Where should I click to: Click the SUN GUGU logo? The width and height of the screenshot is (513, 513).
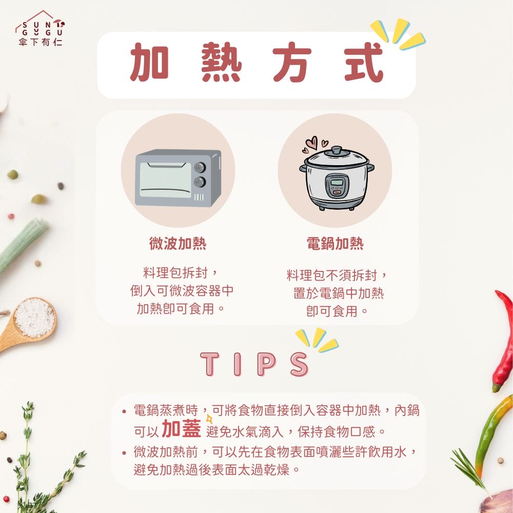(x=40, y=30)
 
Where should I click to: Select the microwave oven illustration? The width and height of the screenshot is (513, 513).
(x=178, y=178)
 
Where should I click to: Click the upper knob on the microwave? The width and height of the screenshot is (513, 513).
(x=200, y=167)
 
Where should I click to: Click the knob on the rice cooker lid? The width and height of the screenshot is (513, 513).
(x=337, y=150)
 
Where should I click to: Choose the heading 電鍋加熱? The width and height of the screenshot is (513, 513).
(x=335, y=244)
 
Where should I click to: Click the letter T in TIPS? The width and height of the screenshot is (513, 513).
(x=210, y=364)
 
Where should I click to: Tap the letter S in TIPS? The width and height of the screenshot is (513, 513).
(x=299, y=364)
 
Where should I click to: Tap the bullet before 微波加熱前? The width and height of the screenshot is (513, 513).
(x=125, y=453)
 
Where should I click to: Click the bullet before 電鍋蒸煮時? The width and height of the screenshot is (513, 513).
(x=125, y=411)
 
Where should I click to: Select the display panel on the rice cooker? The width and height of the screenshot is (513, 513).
(x=337, y=183)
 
